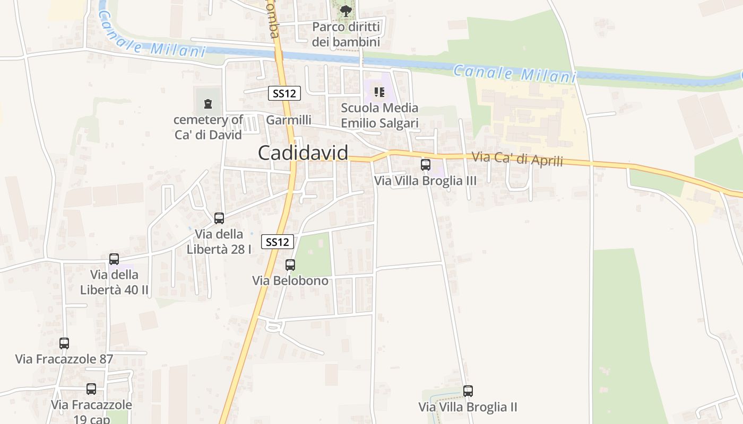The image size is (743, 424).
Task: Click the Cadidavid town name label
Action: click(303, 153)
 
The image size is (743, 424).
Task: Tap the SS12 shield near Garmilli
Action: click(284, 94)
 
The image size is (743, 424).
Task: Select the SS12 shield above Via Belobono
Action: click(278, 242)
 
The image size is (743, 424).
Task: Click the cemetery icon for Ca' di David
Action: click(208, 103)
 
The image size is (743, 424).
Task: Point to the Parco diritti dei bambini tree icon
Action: click(345, 10)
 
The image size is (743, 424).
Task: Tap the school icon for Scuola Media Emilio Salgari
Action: click(379, 92)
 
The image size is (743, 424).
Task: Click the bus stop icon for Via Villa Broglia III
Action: click(426, 165)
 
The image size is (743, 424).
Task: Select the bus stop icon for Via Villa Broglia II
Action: click(468, 391)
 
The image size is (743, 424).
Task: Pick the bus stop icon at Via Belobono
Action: click(290, 264)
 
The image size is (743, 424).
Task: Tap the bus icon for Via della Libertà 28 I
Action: click(219, 218)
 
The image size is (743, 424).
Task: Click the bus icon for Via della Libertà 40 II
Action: click(114, 259)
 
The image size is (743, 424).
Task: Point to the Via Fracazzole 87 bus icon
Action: click(64, 343)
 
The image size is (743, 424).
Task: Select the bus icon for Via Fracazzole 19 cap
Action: click(91, 389)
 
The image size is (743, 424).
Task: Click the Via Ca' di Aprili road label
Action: click(517, 158)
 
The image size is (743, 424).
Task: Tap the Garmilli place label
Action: click(289, 120)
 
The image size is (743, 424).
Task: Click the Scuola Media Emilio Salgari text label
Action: click(379, 116)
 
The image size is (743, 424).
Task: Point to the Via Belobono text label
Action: click(290, 280)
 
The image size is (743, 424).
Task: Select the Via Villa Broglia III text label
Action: click(425, 181)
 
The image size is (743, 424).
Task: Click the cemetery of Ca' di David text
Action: click(208, 127)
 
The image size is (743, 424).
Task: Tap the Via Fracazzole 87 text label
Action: click(64, 359)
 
